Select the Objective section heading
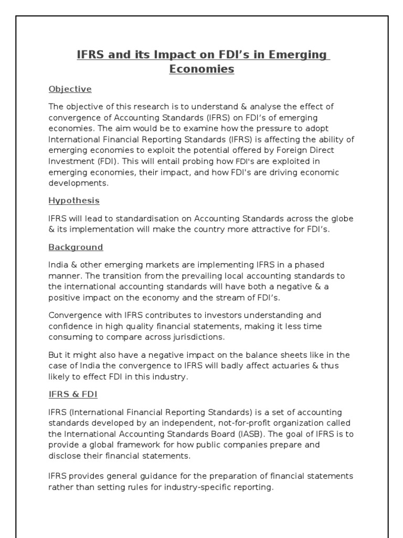click(70, 89)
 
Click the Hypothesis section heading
click(74, 201)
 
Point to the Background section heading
click(76, 247)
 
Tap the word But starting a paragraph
click(56, 355)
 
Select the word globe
click(332, 218)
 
